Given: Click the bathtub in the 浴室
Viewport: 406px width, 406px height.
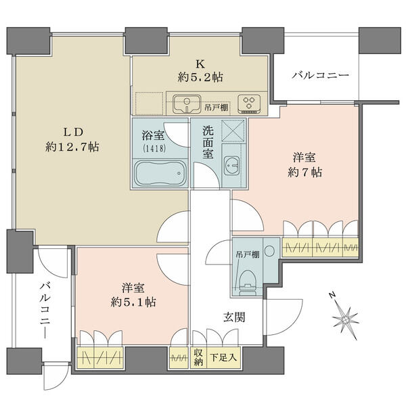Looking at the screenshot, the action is pyautogui.click(x=160, y=173).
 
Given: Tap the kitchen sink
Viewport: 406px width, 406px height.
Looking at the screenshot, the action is pyautogui.click(x=187, y=104).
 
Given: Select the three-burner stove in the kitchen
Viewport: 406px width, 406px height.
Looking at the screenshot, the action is pyautogui.click(x=249, y=104).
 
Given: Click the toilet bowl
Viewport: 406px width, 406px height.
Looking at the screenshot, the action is pyautogui.click(x=247, y=283).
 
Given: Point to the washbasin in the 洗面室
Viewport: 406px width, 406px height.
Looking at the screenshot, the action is pyautogui.click(x=231, y=166).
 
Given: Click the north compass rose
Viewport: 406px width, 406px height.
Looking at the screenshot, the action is pyautogui.click(x=344, y=318).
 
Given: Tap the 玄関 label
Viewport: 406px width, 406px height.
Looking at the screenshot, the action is pyautogui.click(x=234, y=317).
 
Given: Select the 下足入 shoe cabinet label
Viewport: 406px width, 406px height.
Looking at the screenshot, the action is pyautogui.click(x=223, y=357).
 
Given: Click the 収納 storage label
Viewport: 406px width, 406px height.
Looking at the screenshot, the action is pyautogui.click(x=198, y=357).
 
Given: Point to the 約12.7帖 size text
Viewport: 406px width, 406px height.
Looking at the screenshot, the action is pyautogui.click(x=72, y=147).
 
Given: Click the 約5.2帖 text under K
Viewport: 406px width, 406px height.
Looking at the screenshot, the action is pyautogui.click(x=200, y=77).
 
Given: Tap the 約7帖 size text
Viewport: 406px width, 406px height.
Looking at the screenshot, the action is pyautogui.click(x=304, y=172).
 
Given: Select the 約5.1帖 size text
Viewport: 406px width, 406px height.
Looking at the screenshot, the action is pyautogui.click(x=133, y=302).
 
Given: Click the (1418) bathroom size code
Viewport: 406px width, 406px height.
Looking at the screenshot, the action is pyautogui.click(x=154, y=149).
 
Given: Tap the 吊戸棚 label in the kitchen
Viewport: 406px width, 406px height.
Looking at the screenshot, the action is pyautogui.click(x=217, y=108).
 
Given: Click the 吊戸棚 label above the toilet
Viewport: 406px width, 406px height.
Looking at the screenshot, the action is pyautogui.click(x=247, y=255).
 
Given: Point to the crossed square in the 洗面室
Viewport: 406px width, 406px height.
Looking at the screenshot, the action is pyautogui.click(x=233, y=131).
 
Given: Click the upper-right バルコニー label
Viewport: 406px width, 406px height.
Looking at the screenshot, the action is pyautogui.click(x=321, y=76).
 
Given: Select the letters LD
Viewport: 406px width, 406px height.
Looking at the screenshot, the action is pyautogui.click(x=73, y=132).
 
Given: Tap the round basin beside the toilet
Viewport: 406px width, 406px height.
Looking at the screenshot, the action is pyautogui.click(x=269, y=250).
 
